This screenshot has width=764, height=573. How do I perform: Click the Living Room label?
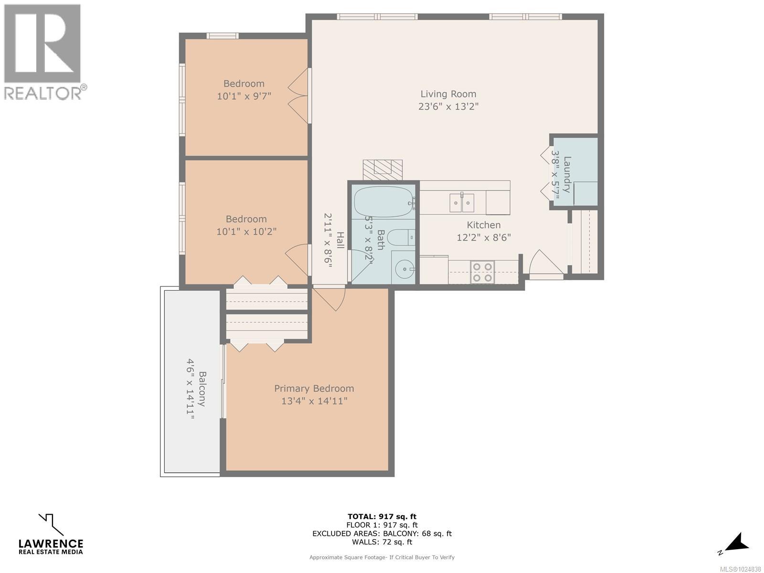[448, 94]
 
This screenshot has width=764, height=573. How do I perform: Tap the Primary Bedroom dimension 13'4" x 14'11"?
[314, 401]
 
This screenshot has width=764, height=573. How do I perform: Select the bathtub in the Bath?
[382, 202]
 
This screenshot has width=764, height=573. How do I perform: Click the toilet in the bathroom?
[400, 237]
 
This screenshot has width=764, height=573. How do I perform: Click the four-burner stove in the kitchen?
[482, 272]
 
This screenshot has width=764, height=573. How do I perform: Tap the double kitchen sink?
[462, 203]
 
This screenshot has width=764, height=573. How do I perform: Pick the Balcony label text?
[202, 389]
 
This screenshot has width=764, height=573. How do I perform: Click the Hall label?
[340, 240]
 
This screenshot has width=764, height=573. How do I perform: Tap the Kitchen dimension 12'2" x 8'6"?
[484, 237]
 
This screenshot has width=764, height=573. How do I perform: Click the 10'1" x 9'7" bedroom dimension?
[244, 96]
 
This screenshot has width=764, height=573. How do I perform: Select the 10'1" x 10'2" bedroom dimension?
[246, 232]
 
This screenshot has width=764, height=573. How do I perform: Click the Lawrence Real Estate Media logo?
[51, 535]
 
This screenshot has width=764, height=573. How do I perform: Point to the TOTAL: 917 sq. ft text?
[382, 516]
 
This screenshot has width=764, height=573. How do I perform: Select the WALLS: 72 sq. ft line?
[382, 542]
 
